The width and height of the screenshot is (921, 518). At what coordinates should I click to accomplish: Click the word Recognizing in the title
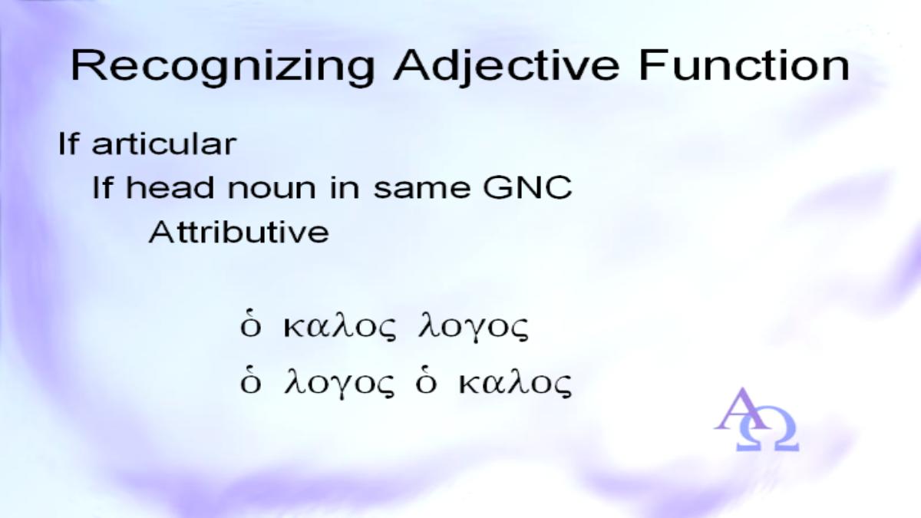click(223, 68)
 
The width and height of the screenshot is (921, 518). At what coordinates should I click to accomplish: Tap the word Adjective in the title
click(506, 68)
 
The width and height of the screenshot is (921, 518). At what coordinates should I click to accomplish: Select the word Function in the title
click(744, 66)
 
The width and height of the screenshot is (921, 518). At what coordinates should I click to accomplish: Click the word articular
click(164, 144)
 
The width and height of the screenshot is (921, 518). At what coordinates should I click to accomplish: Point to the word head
click(170, 187)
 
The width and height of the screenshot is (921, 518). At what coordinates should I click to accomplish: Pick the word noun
click(272, 190)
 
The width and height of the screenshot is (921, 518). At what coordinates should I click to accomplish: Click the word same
click(421, 190)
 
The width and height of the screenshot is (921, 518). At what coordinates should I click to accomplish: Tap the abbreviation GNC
click(527, 187)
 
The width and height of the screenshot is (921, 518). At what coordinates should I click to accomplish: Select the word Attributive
click(239, 232)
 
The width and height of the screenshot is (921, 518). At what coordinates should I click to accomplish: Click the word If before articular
click(68, 144)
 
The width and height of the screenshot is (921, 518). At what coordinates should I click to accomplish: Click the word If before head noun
click(102, 187)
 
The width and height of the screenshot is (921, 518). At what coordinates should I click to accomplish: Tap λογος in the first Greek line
click(474, 329)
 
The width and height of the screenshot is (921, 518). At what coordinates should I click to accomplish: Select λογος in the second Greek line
click(339, 384)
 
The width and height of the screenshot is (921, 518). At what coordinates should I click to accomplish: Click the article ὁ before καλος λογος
click(251, 327)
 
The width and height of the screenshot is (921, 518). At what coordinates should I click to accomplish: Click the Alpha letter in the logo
click(741, 409)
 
